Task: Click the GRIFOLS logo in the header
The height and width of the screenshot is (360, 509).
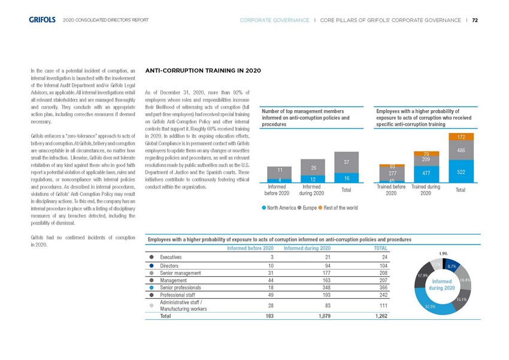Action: [x=43, y=19]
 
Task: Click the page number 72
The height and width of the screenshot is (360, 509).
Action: [x=475, y=19]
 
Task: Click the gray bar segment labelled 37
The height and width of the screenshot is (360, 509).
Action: [x=346, y=162]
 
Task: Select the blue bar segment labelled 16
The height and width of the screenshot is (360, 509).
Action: [x=346, y=177]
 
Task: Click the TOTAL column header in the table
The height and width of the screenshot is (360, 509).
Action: [x=380, y=248]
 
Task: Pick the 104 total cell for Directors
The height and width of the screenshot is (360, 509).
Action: [x=380, y=265]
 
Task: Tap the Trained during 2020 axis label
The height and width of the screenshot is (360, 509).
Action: [x=426, y=190]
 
